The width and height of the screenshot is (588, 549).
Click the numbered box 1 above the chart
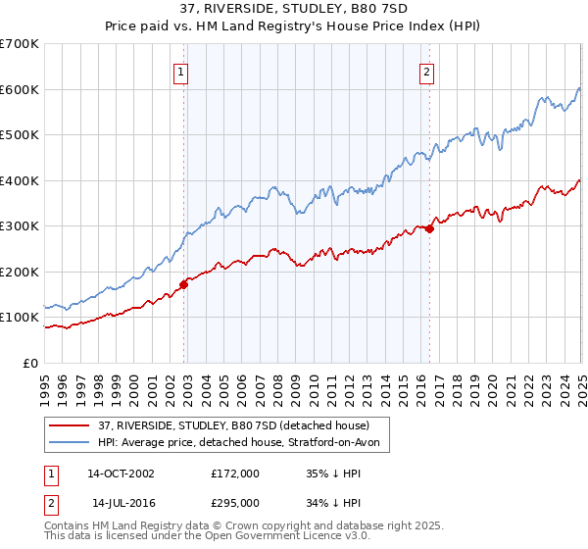(x=182, y=70)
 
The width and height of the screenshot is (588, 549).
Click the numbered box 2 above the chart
(x=428, y=70)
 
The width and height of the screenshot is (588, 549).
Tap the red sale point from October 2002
(x=183, y=284)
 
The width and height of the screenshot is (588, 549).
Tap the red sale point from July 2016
(x=429, y=228)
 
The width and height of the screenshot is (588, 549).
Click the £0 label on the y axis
(x=31, y=363)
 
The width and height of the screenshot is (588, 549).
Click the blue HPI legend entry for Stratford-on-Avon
(x=244, y=443)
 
